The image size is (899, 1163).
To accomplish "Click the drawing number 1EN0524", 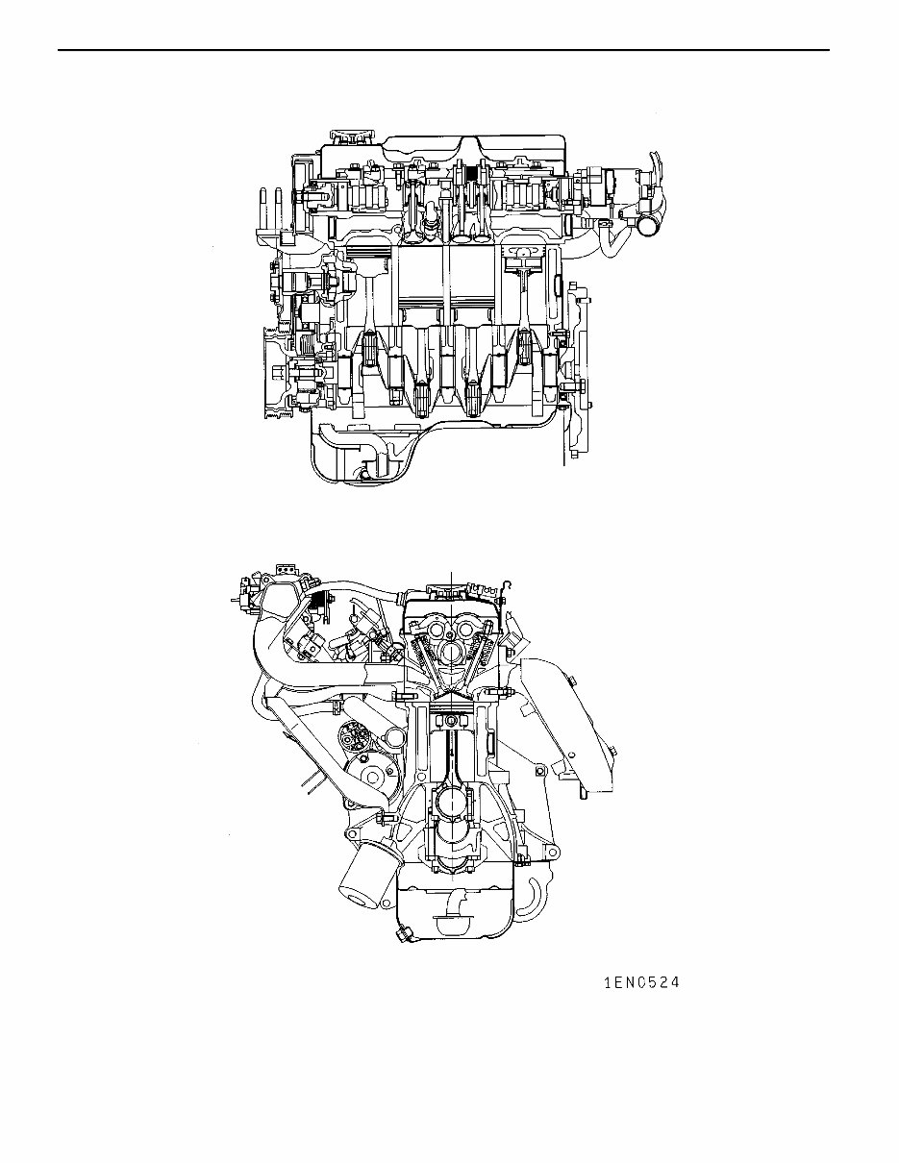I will [641, 983].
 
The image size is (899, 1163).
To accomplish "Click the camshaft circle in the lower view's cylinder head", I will [450, 654].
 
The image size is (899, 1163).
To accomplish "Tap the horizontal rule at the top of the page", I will [443, 50].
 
